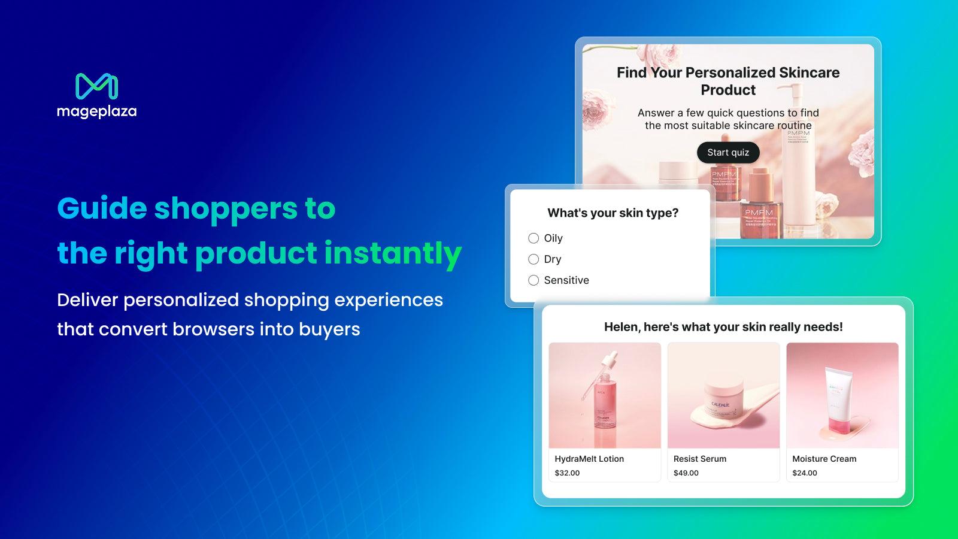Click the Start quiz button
[x=727, y=153]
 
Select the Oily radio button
[x=533, y=238]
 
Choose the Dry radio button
[x=533, y=259]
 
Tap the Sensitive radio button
[x=533, y=280]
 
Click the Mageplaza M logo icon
[x=96, y=86]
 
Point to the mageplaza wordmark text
[x=96, y=111]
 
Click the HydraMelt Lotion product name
[x=589, y=459]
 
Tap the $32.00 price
[x=567, y=473]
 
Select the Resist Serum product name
[x=699, y=459]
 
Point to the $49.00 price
[x=686, y=473]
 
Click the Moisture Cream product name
[x=824, y=459]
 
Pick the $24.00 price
[x=804, y=473]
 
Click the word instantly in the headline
[x=392, y=253]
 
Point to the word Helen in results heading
[x=620, y=327]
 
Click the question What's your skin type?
[x=613, y=213]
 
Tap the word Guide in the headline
[x=102, y=208]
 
